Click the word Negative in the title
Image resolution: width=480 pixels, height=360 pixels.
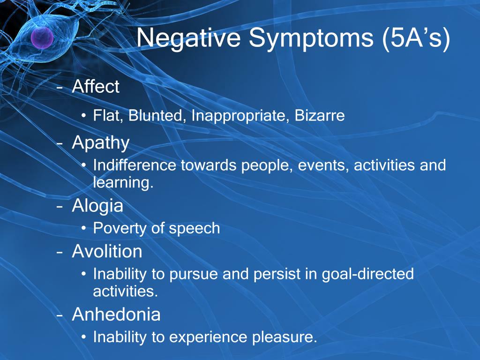pyautogui.click(x=188, y=38)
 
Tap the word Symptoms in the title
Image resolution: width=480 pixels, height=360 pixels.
pyautogui.click(x=311, y=38)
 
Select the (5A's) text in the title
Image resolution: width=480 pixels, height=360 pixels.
pyautogui.click(x=416, y=38)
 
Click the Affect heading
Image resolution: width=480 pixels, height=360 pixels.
pyautogui.click(x=96, y=86)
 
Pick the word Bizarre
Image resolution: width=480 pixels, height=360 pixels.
pyautogui.click(x=320, y=115)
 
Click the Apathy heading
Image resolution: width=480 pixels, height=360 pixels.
pyautogui.click(x=101, y=143)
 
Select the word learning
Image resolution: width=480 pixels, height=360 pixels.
pyautogui.click(x=123, y=183)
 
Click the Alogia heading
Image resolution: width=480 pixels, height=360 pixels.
pyautogui.click(x=97, y=206)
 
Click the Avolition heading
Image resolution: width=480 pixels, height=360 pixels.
pyautogui.click(x=107, y=251)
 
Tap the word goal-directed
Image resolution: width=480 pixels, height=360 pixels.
pyautogui.click(x=367, y=274)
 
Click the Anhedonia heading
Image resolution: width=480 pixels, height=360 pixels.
pyautogui.click(x=116, y=314)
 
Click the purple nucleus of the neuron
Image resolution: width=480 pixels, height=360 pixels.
pyautogui.click(x=42, y=37)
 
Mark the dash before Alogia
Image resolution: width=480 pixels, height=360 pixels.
pyautogui.click(x=60, y=207)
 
